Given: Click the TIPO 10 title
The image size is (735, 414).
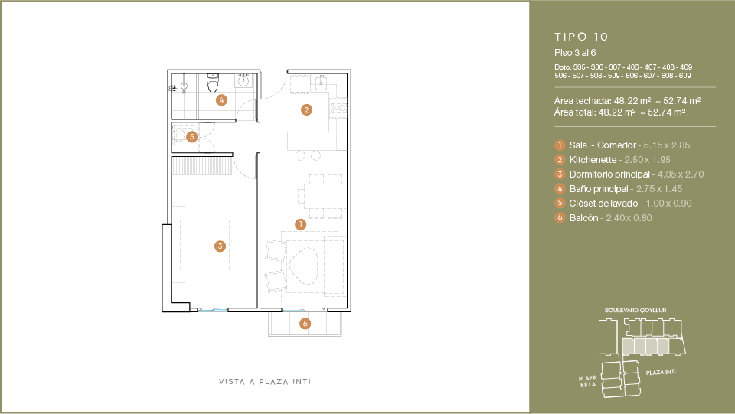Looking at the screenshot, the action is (x=581, y=37).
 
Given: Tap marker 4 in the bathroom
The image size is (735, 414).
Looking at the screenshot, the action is (x=222, y=99).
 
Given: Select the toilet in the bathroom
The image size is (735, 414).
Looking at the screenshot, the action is (x=213, y=83).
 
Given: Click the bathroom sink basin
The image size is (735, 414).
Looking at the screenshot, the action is (x=243, y=80).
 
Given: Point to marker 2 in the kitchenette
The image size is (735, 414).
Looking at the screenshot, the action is (x=306, y=110).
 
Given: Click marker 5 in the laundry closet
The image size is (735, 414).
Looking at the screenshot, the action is (x=191, y=137).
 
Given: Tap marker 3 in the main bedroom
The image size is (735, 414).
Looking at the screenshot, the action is (x=220, y=246).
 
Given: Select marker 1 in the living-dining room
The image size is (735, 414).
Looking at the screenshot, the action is (x=300, y=224).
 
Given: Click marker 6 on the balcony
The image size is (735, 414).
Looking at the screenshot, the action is (x=305, y=323).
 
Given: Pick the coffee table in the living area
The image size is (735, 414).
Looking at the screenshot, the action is (x=303, y=265).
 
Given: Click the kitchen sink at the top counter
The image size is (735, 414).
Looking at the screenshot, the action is (x=322, y=83).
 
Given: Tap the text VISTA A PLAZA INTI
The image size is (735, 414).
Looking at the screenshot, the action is (x=265, y=382).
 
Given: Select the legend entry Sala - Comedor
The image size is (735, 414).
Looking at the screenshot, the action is (x=603, y=145).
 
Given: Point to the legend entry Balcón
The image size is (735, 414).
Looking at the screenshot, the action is (x=583, y=218).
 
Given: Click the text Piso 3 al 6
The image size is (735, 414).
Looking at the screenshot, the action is (x=575, y=53).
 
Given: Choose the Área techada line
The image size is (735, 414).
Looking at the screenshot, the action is (x=628, y=101).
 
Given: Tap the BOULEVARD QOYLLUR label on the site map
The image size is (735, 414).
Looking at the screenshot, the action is (x=635, y=310).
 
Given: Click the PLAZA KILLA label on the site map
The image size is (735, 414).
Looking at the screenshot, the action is (x=588, y=381).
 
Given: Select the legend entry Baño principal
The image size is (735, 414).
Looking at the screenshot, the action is (x=599, y=189).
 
